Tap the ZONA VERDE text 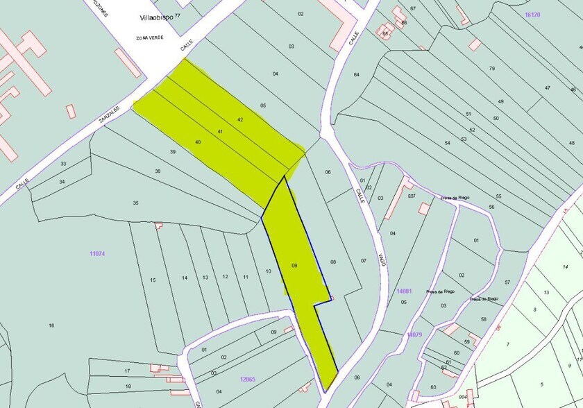pos(149,37)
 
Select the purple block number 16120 pos(533,15)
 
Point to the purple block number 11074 pos(97,254)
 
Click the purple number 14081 pos(405,292)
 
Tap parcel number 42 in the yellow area pos(240,120)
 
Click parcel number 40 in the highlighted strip pos(198,142)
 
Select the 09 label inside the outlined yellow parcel pos(294,265)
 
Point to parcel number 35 pos(136,203)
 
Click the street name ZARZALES pos(108,114)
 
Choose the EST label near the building pos(412,196)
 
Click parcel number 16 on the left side pos(51,325)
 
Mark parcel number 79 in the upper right pos(491,68)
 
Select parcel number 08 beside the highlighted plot pos(332,262)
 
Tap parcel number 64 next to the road pos(356,74)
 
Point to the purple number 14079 pos(414,335)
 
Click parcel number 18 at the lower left pos(128,386)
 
